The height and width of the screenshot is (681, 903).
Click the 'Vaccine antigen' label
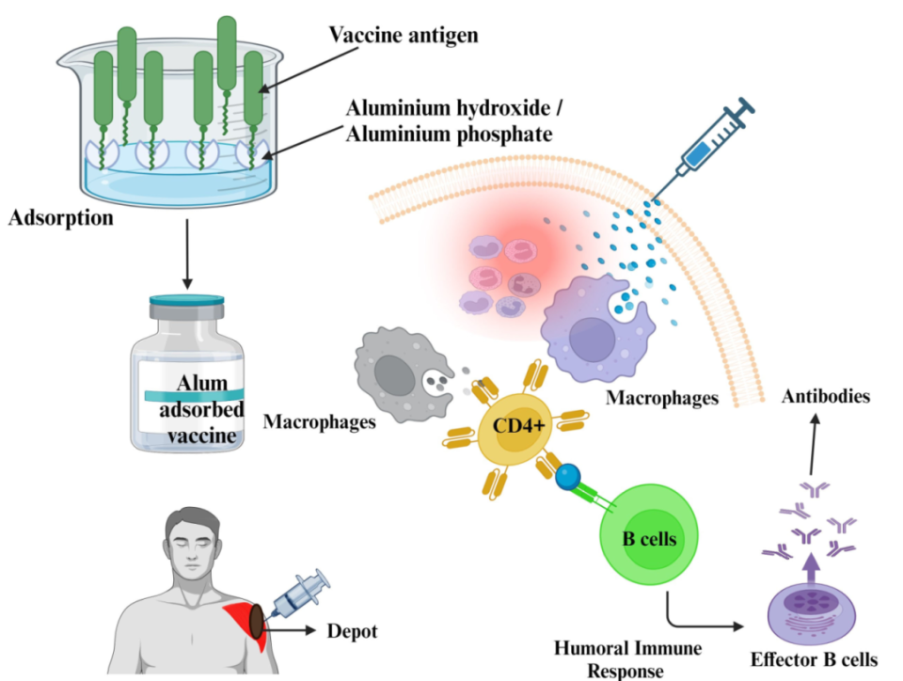tap(404, 36)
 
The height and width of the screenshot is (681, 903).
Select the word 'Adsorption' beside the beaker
tap(61, 219)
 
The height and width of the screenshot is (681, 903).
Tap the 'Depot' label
tap(352, 631)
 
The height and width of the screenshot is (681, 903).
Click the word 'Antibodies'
tap(826, 396)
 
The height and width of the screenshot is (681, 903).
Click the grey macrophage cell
tap(395, 371)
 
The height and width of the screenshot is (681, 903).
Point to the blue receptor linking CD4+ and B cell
tap(567, 478)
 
